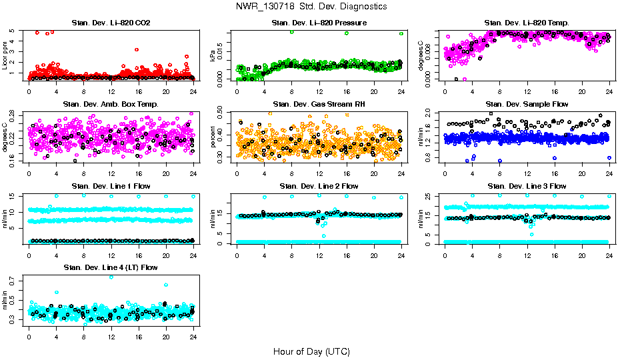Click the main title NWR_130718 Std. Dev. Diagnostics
click(311, 6)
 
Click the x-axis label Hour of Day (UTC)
click(311, 351)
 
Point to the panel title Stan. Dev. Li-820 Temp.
click(527, 23)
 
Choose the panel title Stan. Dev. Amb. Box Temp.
click(110, 104)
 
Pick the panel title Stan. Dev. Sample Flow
click(527, 104)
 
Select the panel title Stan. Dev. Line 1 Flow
click(110, 186)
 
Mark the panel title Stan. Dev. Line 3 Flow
click(527, 186)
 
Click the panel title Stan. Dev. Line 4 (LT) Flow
click(110, 267)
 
